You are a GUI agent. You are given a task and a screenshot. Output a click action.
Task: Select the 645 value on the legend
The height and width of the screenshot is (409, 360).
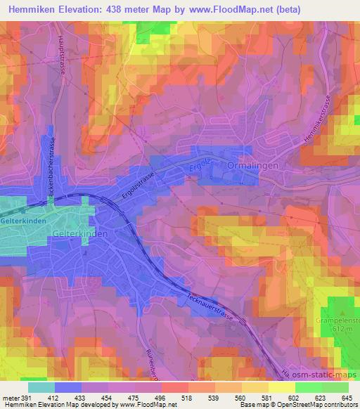(347, 398)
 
